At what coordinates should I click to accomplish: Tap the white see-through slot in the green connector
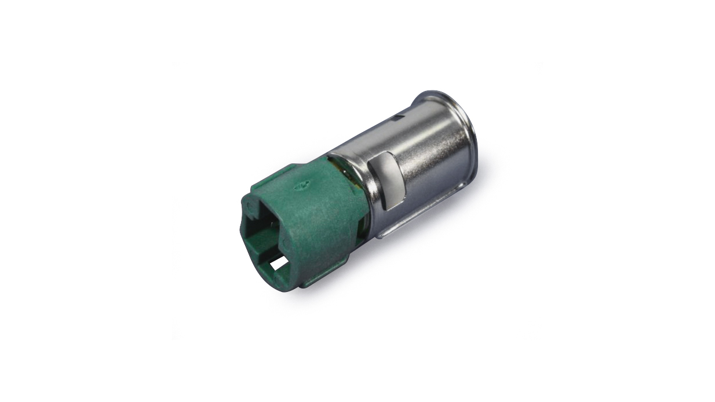pyautogui.click(x=279, y=263)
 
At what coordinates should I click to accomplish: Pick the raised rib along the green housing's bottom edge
pyautogui.click(x=324, y=272)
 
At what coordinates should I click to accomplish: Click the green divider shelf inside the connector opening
pyautogui.click(x=269, y=246)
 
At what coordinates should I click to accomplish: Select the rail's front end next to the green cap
pyautogui.click(x=380, y=235)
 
